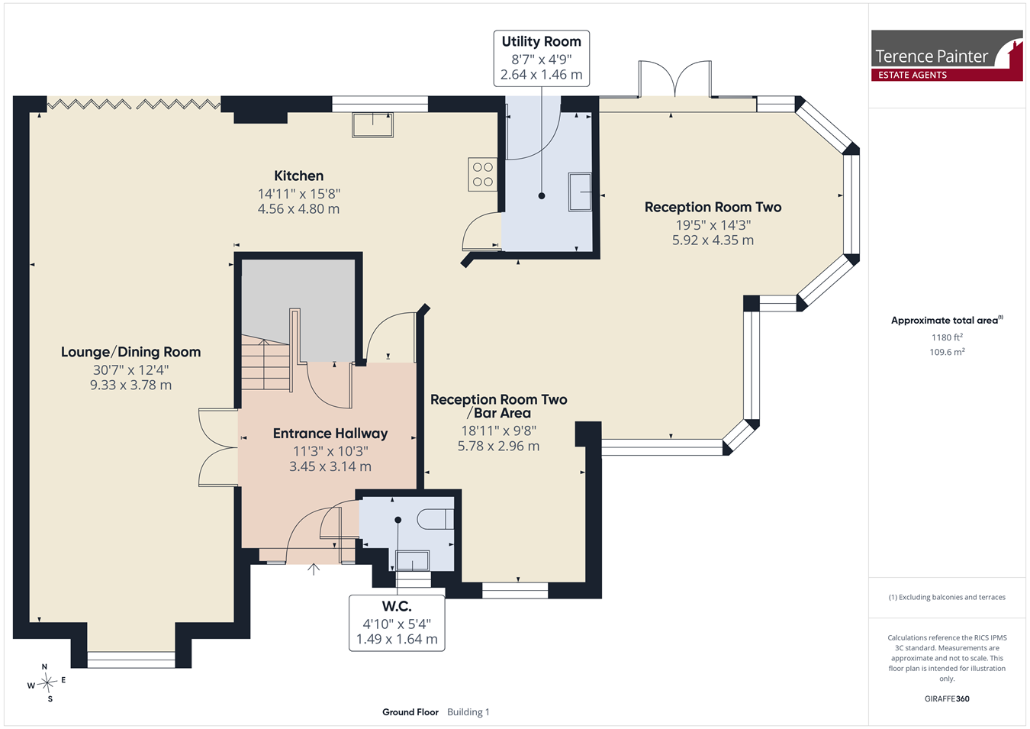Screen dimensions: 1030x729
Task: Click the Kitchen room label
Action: (x=299, y=176)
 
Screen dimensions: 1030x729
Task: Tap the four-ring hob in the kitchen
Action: (x=483, y=174)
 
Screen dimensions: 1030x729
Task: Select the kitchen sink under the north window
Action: (x=372, y=124)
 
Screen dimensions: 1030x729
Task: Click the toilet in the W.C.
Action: (x=436, y=519)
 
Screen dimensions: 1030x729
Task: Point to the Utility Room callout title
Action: (x=541, y=41)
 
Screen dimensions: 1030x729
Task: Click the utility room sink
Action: (x=580, y=192)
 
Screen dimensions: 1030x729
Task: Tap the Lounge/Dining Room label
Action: (x=131, y=352)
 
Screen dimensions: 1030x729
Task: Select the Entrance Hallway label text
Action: (x=330, y=434)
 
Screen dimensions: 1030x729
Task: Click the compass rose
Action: (x=47, y=682)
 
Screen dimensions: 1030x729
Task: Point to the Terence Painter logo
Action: (x=947, y=56)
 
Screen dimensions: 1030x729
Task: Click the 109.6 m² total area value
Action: (x=947, y=352)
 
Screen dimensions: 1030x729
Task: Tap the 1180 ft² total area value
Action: (x=947, y=337)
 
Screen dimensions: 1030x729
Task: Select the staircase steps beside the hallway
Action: (x=266, y=363)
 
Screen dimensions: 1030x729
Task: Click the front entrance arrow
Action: (x=314, y=569)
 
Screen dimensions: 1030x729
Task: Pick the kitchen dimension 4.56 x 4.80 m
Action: (x=299, y=209)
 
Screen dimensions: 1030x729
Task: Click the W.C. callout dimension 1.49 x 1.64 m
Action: (x=397, y=639)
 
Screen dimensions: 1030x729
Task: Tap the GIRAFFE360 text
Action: (x=947, y=698)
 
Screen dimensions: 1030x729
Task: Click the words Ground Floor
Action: (x=410, y=712)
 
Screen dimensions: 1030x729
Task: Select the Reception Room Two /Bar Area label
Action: (x=498, y=406)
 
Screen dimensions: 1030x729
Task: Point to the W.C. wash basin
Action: (x=413, y=560)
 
